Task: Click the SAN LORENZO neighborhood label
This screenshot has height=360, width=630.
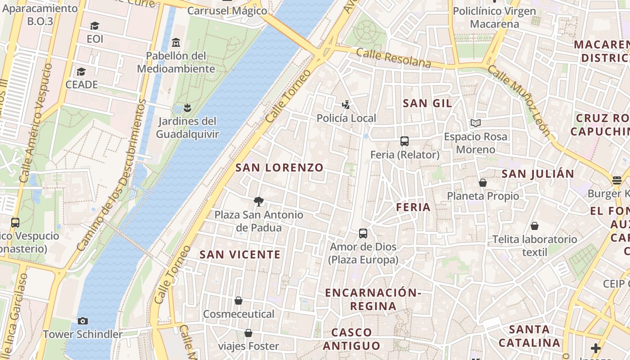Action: pos(279,167)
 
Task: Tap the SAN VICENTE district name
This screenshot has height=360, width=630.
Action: pos(240,255)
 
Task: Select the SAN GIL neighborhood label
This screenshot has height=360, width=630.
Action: pos(427,103)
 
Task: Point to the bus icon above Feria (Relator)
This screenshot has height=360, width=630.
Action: pos(405,141)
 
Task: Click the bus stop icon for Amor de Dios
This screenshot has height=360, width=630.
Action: pos(363,234)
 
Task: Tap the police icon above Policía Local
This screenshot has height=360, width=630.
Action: pos(346,105)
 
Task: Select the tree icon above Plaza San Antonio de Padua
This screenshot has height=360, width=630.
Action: pos(258,202)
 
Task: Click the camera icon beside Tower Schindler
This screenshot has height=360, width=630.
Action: pos(83,321)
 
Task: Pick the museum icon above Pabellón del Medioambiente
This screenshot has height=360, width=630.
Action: pos(176,43)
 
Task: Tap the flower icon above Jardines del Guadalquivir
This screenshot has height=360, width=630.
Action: pos(187,108)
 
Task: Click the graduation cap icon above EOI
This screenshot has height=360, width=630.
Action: pos(94,26)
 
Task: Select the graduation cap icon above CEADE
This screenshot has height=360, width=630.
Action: pos(81,72)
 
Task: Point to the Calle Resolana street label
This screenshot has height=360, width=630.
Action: pos(393,58)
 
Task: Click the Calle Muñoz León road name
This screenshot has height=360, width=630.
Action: pos(518,100)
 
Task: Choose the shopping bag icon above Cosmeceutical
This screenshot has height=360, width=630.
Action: pos(238,301)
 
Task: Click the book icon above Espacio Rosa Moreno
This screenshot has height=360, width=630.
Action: pos(475,123)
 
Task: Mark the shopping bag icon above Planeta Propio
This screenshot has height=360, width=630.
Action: pos(483,183)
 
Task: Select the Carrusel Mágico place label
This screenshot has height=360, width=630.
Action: pos(227,11)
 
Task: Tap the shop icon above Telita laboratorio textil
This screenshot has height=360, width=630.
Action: pos(535,226)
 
